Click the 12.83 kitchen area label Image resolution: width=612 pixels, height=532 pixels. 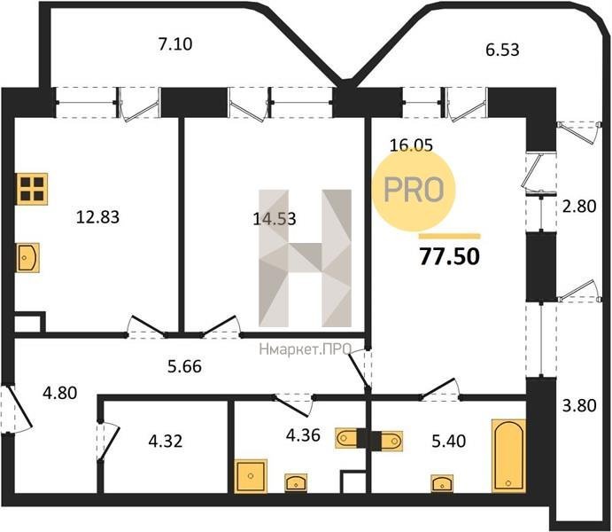point(97,216)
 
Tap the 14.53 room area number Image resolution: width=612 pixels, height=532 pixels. point(275,218)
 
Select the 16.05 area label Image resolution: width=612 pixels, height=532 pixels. point(411,145)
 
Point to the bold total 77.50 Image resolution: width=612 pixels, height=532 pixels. point(450,256)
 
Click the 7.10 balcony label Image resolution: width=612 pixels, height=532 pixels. point(175,43)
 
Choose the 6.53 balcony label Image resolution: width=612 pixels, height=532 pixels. point(502,50)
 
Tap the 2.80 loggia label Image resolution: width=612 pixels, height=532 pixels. point(579,206)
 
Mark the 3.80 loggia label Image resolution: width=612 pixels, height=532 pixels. point(579,405)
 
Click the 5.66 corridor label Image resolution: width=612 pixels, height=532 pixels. point(184,366)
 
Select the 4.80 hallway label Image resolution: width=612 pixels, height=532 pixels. point(59,393)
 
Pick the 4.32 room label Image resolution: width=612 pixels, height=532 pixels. point(166,442)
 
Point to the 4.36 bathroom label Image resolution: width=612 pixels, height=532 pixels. point(303,435)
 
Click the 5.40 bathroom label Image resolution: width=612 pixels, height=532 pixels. point(449,441)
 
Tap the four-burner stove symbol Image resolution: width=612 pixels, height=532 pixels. point(32,189)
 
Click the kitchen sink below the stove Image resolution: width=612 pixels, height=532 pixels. point(28,257)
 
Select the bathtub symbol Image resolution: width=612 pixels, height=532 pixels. point(508,456)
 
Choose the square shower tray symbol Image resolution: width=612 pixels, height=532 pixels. point(251,476)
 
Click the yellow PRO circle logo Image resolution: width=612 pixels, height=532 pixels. point(414,190)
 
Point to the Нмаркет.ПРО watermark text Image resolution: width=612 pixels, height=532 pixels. point(306,349)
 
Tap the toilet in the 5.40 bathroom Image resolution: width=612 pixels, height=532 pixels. point(391,440)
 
